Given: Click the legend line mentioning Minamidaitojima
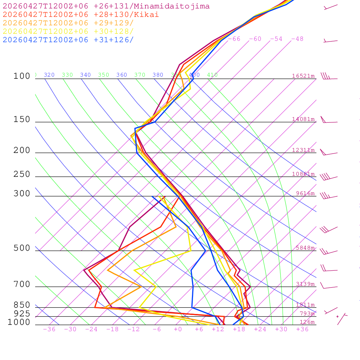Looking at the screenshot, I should click(106, 6).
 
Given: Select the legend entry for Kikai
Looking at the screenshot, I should click(81, 15).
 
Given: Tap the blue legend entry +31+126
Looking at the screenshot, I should click(68, 40).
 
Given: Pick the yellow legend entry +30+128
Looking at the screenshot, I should click(68, 31).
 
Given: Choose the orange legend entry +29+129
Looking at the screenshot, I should click(68, 23).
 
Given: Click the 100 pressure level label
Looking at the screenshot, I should click(22, 76).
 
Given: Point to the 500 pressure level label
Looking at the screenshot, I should click(22, 248).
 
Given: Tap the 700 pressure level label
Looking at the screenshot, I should click(22, 284).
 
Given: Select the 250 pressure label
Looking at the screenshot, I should click(22, 174).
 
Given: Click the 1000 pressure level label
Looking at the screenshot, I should click(19, 322).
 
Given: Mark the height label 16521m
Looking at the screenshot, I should click(303, 76).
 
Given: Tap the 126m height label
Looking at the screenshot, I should click(307, 322).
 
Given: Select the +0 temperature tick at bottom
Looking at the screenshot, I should click(178, 329).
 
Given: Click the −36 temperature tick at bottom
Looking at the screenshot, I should click(49, 329).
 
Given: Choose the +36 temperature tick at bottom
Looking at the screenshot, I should click(302, 329).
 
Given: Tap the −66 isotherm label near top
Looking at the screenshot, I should click(234, 39).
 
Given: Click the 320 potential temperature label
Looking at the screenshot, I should click(49, 75).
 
